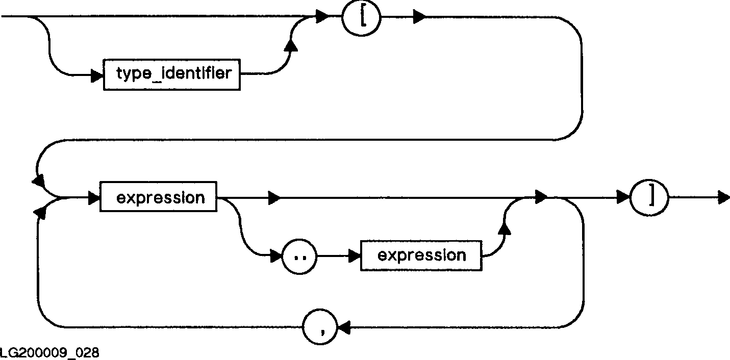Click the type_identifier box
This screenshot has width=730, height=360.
coord(172,74)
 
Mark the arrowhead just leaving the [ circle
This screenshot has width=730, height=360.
coord(419,17)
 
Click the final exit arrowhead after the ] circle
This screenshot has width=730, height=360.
coord(724,197)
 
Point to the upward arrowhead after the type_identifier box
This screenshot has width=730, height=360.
coord(292,46)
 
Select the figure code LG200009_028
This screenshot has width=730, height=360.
coord(49,353)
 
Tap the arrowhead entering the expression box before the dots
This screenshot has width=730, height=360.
coord(94,197)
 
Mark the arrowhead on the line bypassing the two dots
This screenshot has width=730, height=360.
coord(274,198)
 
